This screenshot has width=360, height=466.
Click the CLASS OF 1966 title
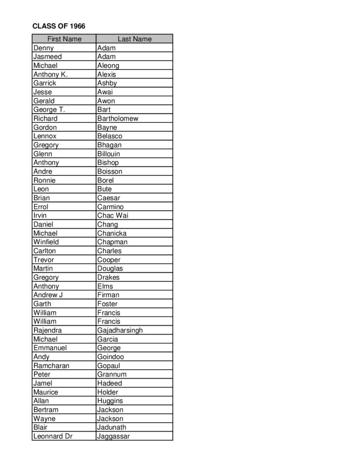(59, 26)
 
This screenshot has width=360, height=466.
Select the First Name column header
(64, 39)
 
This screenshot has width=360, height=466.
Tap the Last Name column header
(134, 39)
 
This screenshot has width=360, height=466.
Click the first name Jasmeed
(47, 57)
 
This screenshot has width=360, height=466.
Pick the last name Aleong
(108, 66)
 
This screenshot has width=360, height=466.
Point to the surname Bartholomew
(118, 118)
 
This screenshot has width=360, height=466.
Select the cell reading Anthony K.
(50, 75)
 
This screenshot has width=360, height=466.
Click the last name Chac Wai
(113, 216)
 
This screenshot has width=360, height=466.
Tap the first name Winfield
(46, 242)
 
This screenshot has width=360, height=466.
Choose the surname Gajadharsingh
(120, 330)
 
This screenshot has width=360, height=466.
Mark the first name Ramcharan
(51, 366)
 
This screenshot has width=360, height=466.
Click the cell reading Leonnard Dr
(53, 436)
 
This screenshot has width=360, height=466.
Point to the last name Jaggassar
(113, 436)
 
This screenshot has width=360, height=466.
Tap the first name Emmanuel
(50, 348)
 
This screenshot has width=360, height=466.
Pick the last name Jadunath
(112, 427)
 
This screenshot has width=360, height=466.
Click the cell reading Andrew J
(48, 295)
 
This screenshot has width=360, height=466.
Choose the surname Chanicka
(112, 233)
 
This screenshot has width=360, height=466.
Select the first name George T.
(49, 110)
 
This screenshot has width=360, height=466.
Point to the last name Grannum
(112, 375)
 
